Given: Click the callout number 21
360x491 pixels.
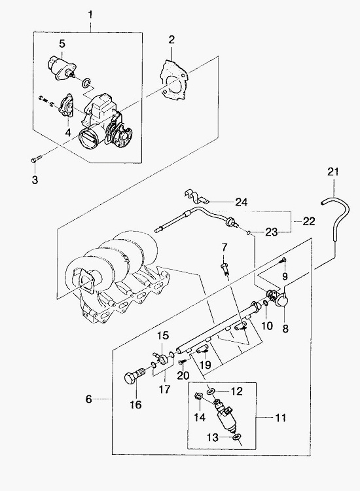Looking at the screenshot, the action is click(x=333, y=172).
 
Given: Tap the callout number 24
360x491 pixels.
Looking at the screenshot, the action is click(x=242, y=202).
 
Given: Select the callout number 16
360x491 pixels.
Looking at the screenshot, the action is click(x=136, y=405).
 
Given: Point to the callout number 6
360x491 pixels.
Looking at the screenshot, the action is click(x=89, y=399).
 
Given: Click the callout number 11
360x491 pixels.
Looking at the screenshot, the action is click(x=281, y=418).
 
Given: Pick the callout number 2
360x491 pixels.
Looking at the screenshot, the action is click(x=171, y=40).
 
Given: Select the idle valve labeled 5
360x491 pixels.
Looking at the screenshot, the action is click(x=62, y=67).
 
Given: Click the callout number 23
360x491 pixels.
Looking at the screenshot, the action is click(x=272, y=232).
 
